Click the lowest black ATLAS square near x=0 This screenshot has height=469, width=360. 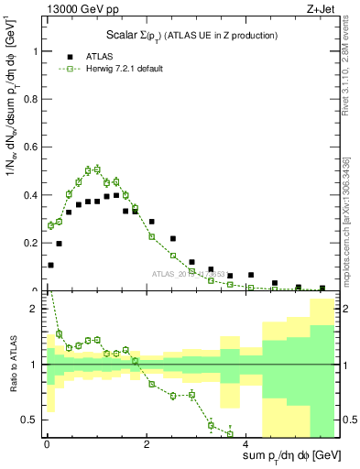50,265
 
